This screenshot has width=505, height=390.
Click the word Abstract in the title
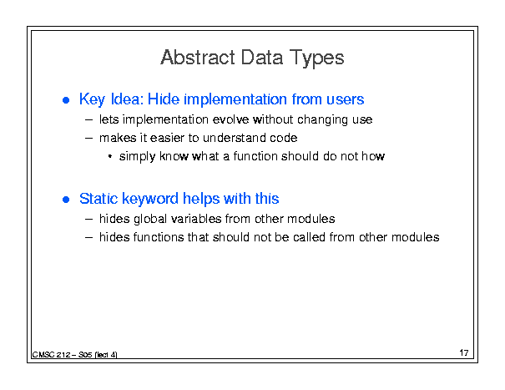[x=198, y=58]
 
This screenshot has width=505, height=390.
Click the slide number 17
[x=464, y=352]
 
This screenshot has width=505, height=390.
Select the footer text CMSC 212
[x=51, y=355]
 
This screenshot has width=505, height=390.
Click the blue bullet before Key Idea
[x=66, y=100]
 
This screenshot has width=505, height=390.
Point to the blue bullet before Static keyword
[x=66, y=200]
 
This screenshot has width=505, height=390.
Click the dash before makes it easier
[x=88, y=139]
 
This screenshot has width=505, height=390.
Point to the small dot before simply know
[x=110, y=157]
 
